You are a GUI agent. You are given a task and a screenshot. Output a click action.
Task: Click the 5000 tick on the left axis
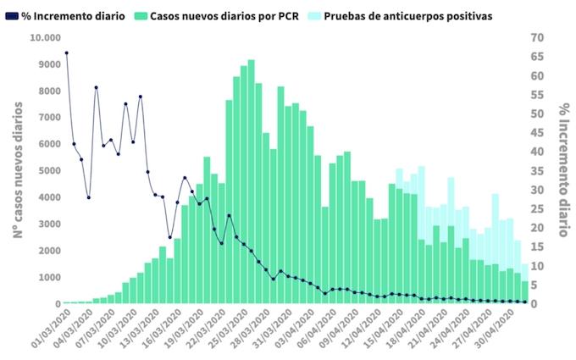point(48,171)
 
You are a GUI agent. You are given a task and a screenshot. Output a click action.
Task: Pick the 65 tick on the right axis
point(538,57)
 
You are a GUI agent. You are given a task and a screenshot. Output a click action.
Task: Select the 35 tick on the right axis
point(538,170)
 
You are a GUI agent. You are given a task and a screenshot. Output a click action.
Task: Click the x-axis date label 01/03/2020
point(50,332)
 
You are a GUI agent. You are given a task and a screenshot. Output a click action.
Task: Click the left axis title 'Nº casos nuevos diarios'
point(17,170)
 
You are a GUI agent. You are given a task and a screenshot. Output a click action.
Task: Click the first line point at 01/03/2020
point(66,53)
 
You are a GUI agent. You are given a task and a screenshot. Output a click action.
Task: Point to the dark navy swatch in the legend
point(12,16)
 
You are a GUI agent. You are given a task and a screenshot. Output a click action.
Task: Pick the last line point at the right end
point(525,302)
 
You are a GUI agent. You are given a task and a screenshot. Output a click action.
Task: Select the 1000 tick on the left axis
point(48,277)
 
